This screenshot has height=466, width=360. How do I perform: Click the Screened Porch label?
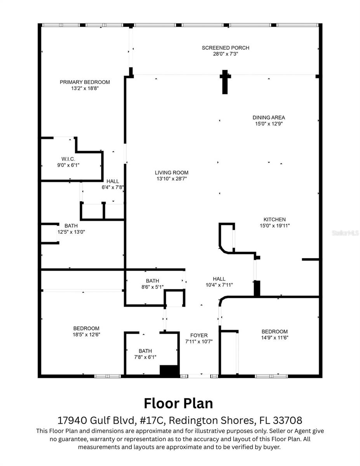(225, 48)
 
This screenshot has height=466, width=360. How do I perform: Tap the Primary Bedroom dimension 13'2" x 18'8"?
(85, 88)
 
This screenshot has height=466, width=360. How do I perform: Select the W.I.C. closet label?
(68, 159)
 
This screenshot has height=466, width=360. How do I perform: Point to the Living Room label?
(171, 172)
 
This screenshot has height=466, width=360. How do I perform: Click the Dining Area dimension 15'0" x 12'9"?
(269, 123)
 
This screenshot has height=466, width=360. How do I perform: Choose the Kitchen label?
(275, 219)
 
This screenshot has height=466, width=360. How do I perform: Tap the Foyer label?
(198, 335)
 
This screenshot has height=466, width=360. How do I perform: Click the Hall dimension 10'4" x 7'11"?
(219, 285)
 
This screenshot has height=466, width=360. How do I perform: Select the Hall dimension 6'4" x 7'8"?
(113, 187)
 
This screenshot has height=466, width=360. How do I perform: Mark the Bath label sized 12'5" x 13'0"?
(71, 226)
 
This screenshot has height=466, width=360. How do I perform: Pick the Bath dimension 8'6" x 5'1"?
(152, 287)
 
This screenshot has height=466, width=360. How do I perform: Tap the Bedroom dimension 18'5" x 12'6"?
(87, 334)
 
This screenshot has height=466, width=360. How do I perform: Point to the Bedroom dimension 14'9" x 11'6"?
(275, 337)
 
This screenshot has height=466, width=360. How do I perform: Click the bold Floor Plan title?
(178, 403)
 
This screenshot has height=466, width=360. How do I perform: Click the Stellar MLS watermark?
(345, 233)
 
